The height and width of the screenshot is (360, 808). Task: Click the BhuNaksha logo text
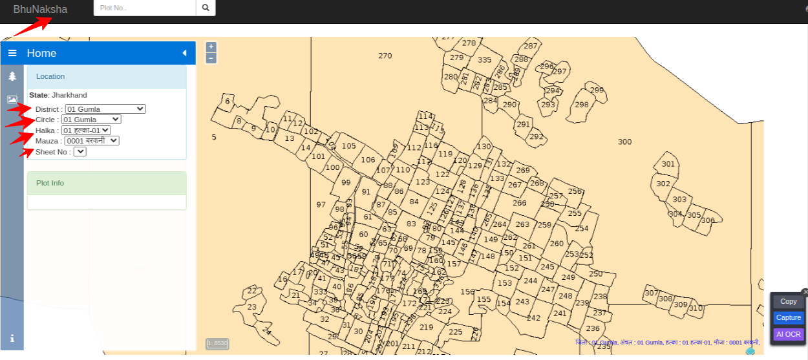pyautogui.click(x=40, y=9)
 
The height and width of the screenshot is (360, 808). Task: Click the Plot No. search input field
pyautogui.click(x=145, y=8)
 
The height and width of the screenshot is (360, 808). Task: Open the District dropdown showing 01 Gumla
pyautogui.click(x=105, y=109)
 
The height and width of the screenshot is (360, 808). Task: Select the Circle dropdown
pyautogui.click(x=91, y=120)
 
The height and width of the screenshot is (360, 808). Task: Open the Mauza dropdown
pyautogui.click(x=92, y=141)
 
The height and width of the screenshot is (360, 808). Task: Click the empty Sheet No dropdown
pyautogui.click(x=80, y=152)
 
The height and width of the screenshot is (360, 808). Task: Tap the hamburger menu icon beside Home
pyautogui.click(x=12, y=53)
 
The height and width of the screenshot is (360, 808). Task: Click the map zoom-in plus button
pyautogui.click(x=211, y=47)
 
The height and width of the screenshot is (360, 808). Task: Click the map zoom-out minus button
pyautogui.click(x=211, y=58)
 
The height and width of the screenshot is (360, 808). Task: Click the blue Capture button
pyautogui.click(x=788, y=317)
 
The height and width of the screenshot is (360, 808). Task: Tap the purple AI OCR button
pyautogui.click(x=788, y=334)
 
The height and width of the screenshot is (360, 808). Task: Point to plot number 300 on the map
pyautogui.click(x=624, y=142)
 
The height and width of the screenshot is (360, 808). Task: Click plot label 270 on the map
pyautogui.click(x=385, y=56)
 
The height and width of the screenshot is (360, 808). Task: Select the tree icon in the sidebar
pyautogui.click(x=12, y=76)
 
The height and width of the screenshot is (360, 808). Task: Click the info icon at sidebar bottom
pyautogui.click(x=12, y=338)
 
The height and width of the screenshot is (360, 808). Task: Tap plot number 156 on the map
pyautogui.click(x=467, y=292)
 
